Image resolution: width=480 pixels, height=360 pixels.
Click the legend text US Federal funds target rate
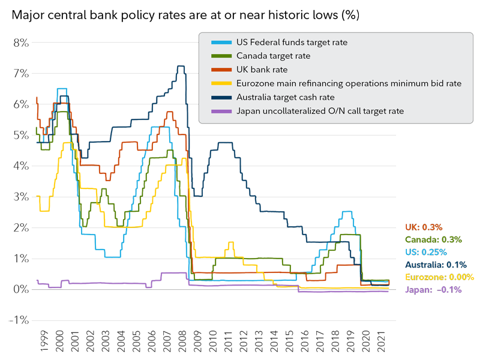point(292,43)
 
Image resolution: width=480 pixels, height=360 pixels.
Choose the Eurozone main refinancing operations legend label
point(349,83)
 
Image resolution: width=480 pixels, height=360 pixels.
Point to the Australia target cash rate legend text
point(286,97)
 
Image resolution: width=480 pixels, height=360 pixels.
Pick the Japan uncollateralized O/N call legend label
point(320,111)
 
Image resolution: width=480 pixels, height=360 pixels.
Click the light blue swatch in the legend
point(222,43)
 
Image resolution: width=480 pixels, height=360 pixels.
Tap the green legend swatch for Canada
point(222,56)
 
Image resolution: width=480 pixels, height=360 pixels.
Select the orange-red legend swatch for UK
point(222,70)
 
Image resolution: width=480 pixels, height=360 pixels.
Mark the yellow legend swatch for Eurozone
point(222,83)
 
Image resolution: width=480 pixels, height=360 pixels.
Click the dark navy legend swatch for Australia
point(222,97)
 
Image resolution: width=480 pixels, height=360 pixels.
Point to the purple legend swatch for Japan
point(222,111)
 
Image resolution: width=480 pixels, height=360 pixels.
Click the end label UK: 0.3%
point(424,227)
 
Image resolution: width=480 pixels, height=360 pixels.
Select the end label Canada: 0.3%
point(433,239)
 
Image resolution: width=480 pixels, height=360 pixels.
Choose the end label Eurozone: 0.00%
point(439,277)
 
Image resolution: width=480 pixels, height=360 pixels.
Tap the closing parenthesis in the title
point(358,16)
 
